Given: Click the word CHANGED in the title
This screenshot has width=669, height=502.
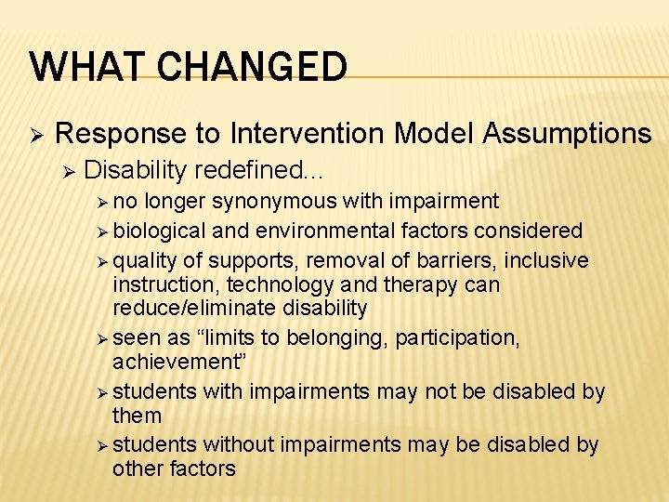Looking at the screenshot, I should tap(249, 67).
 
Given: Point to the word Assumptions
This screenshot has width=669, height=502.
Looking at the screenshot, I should tap(567, 134).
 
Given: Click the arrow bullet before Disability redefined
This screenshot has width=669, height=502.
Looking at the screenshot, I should tap(66, 170).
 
